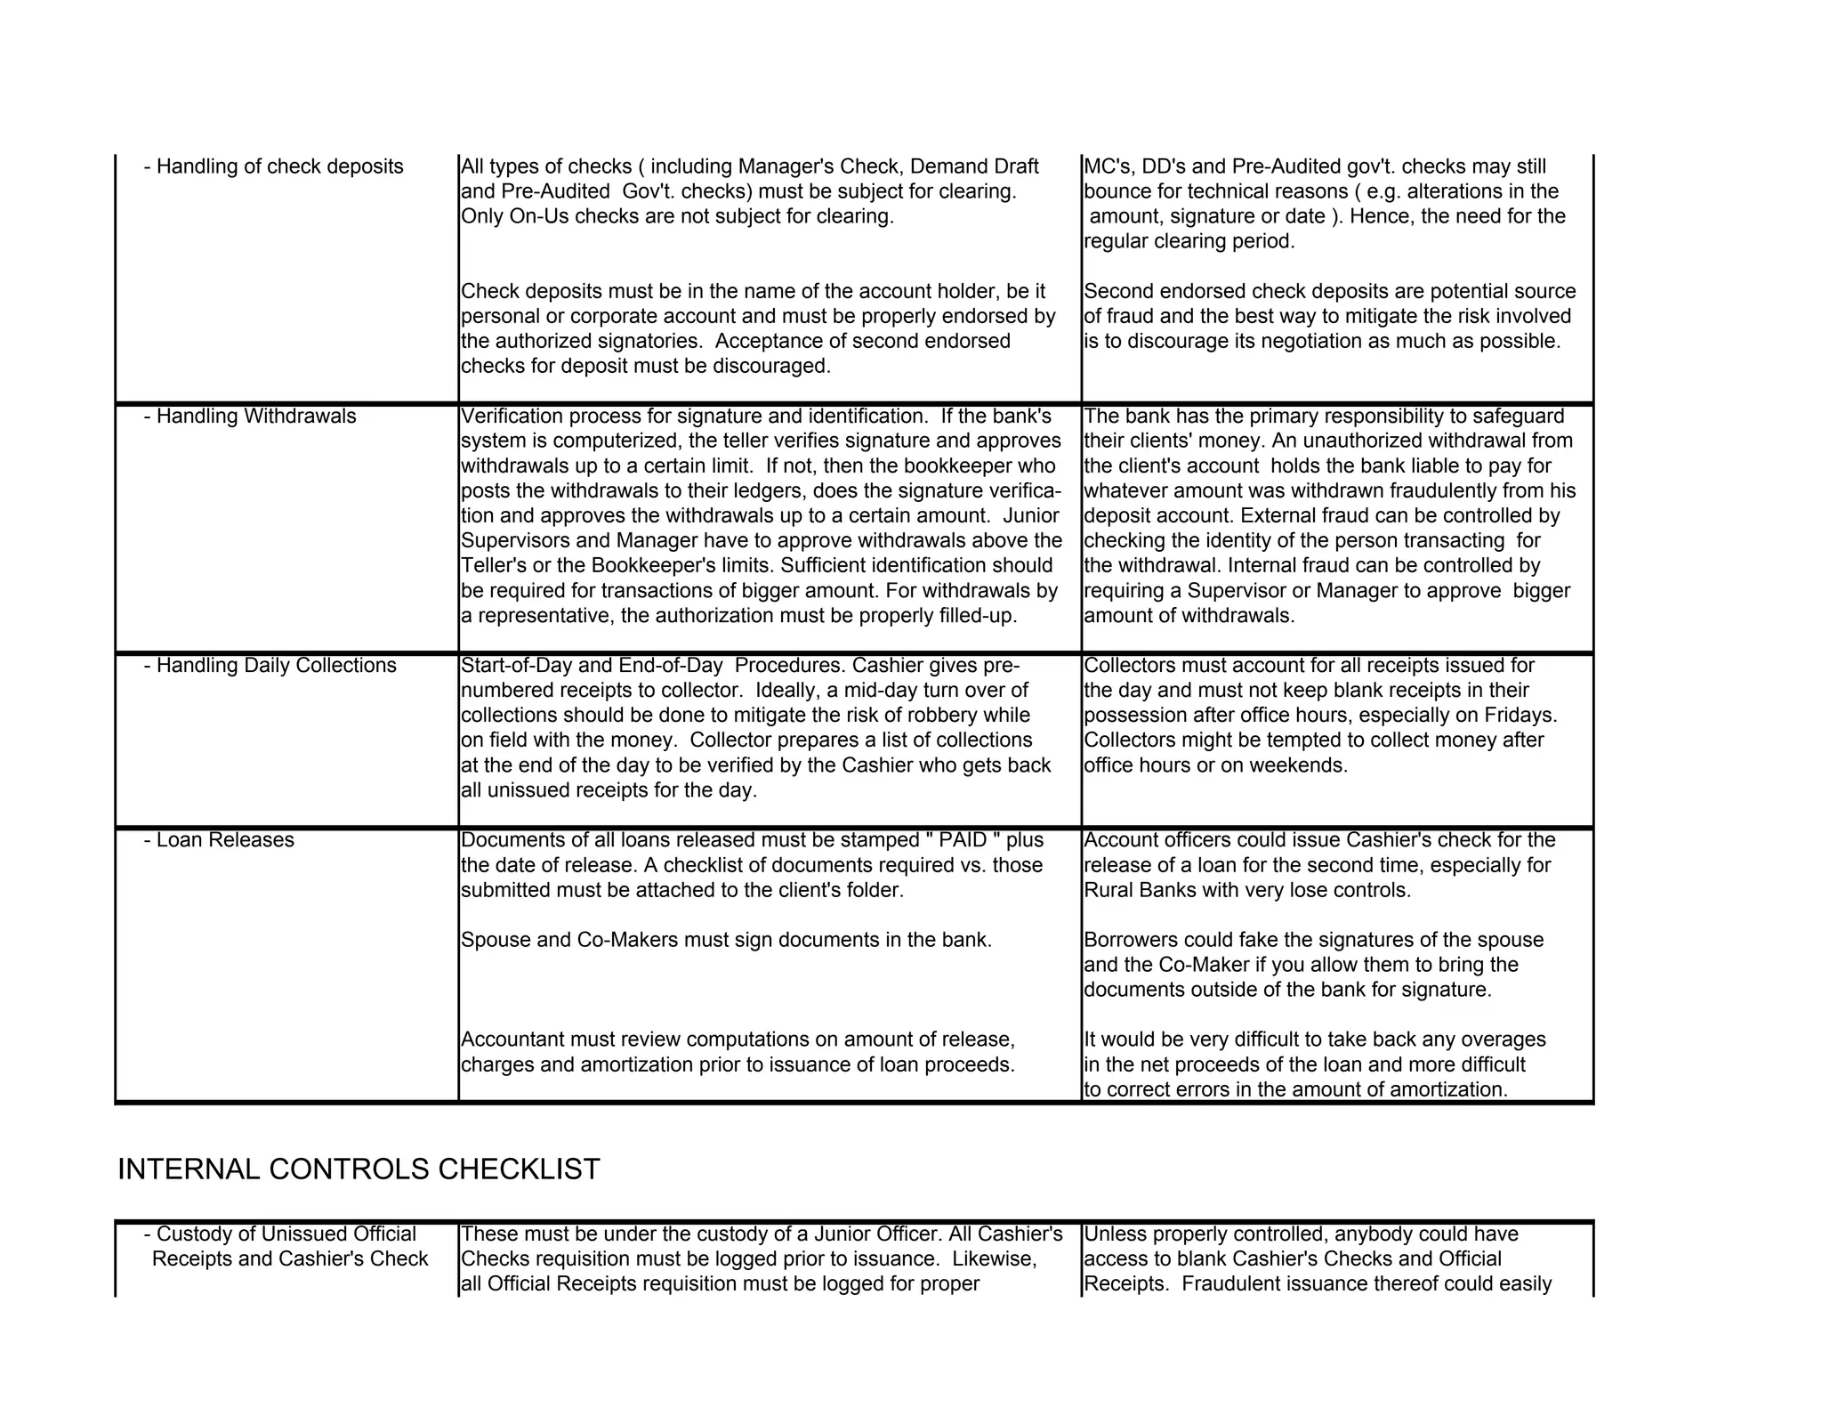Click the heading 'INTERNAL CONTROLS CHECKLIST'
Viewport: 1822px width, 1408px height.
click(359, 1169)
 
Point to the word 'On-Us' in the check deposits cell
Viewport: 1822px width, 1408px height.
click(539, 216)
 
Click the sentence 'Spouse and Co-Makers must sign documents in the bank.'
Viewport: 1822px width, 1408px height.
click(726, 940)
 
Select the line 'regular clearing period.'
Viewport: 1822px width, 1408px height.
click(1189, 241)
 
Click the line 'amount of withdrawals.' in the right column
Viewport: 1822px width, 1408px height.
click(1189, 615)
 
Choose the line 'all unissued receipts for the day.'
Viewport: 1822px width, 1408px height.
click(609, 789)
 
